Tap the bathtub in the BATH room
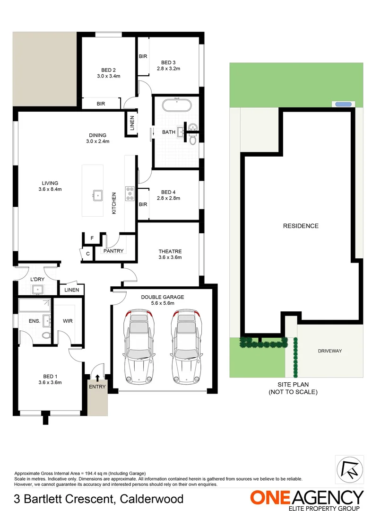point(177,105)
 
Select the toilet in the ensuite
point(46,335)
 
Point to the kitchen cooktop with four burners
point(130,194)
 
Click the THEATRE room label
point(170,251)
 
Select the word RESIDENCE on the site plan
point(301,226)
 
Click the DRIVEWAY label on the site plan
point(329,351)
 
